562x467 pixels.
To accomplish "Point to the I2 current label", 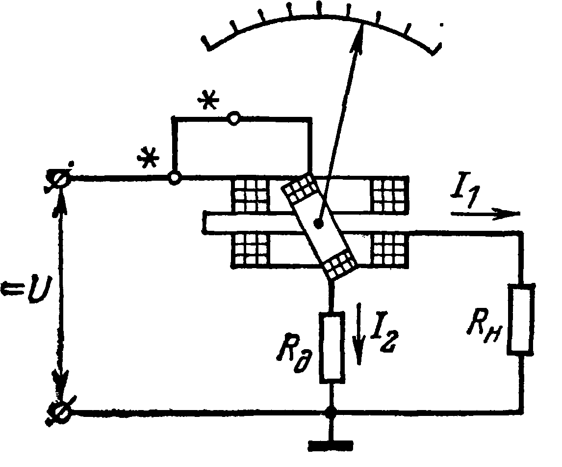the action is pyautogui.click(x=383, y=331).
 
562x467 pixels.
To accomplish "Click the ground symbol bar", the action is pyautogui.click(x=331, y=445).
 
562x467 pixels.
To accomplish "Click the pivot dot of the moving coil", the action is pyautogui.click(x=319, y=224).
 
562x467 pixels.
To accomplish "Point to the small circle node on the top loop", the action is pyautogui.click(x=234, y=118).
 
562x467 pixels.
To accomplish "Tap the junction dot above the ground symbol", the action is pyautogui.click(x=332, y=411).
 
